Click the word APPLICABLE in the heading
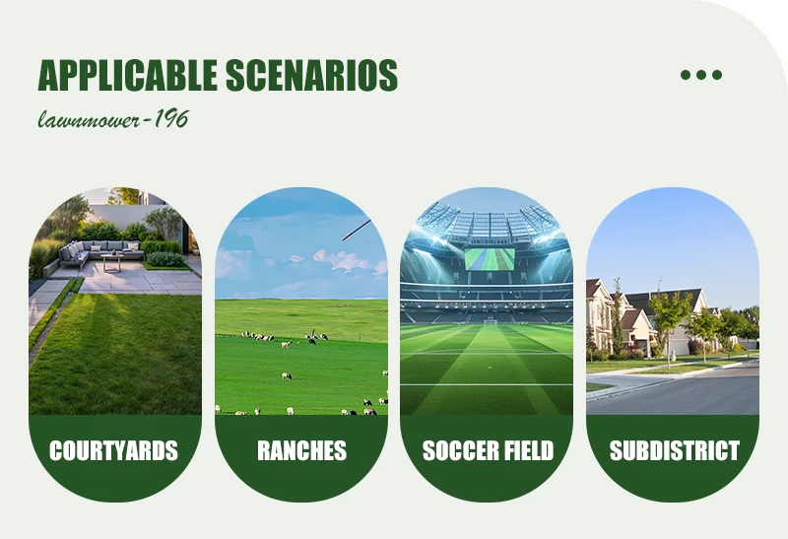point(128,75)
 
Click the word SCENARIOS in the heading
point(311,75)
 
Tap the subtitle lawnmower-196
point(113,119)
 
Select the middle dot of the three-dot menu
point(701,75)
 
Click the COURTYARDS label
point(114,450)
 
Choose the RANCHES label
point(301,450)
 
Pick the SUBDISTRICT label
point(675,450)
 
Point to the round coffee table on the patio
point(112,262)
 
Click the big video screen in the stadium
point(490,258)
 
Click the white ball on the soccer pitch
point(490,369)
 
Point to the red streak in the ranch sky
point(357,230)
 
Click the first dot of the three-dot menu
point(686,75)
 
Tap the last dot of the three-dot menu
point(717,75)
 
